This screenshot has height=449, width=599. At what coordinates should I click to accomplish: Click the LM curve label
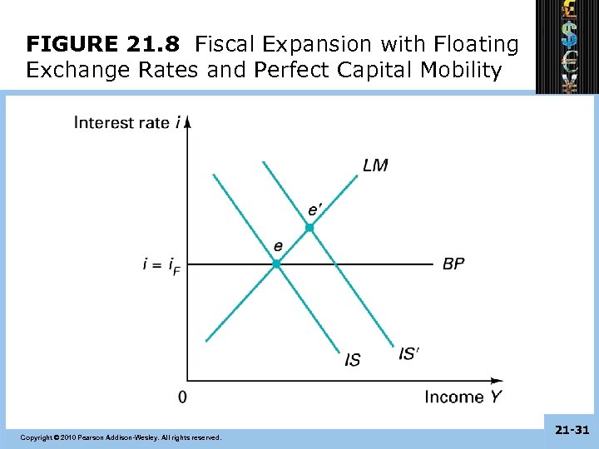(375, 165)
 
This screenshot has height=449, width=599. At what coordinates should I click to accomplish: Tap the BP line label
(453, 264)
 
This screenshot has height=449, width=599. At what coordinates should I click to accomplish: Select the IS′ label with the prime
(408, 353)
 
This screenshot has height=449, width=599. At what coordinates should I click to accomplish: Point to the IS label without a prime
(353, 359)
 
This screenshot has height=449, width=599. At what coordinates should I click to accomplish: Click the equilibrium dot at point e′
(309, 227)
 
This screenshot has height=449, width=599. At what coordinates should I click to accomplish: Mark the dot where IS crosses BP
(277, 264)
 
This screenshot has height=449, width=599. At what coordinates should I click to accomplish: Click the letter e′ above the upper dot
(314, 209)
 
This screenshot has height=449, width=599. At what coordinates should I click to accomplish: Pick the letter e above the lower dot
(278, 245)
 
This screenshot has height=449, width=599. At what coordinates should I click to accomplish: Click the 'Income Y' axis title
(463, 397)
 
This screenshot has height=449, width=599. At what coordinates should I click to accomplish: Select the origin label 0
(182, 397)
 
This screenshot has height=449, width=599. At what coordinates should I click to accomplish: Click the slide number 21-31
(571, 430)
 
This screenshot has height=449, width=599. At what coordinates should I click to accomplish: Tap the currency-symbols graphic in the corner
(568, 46)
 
